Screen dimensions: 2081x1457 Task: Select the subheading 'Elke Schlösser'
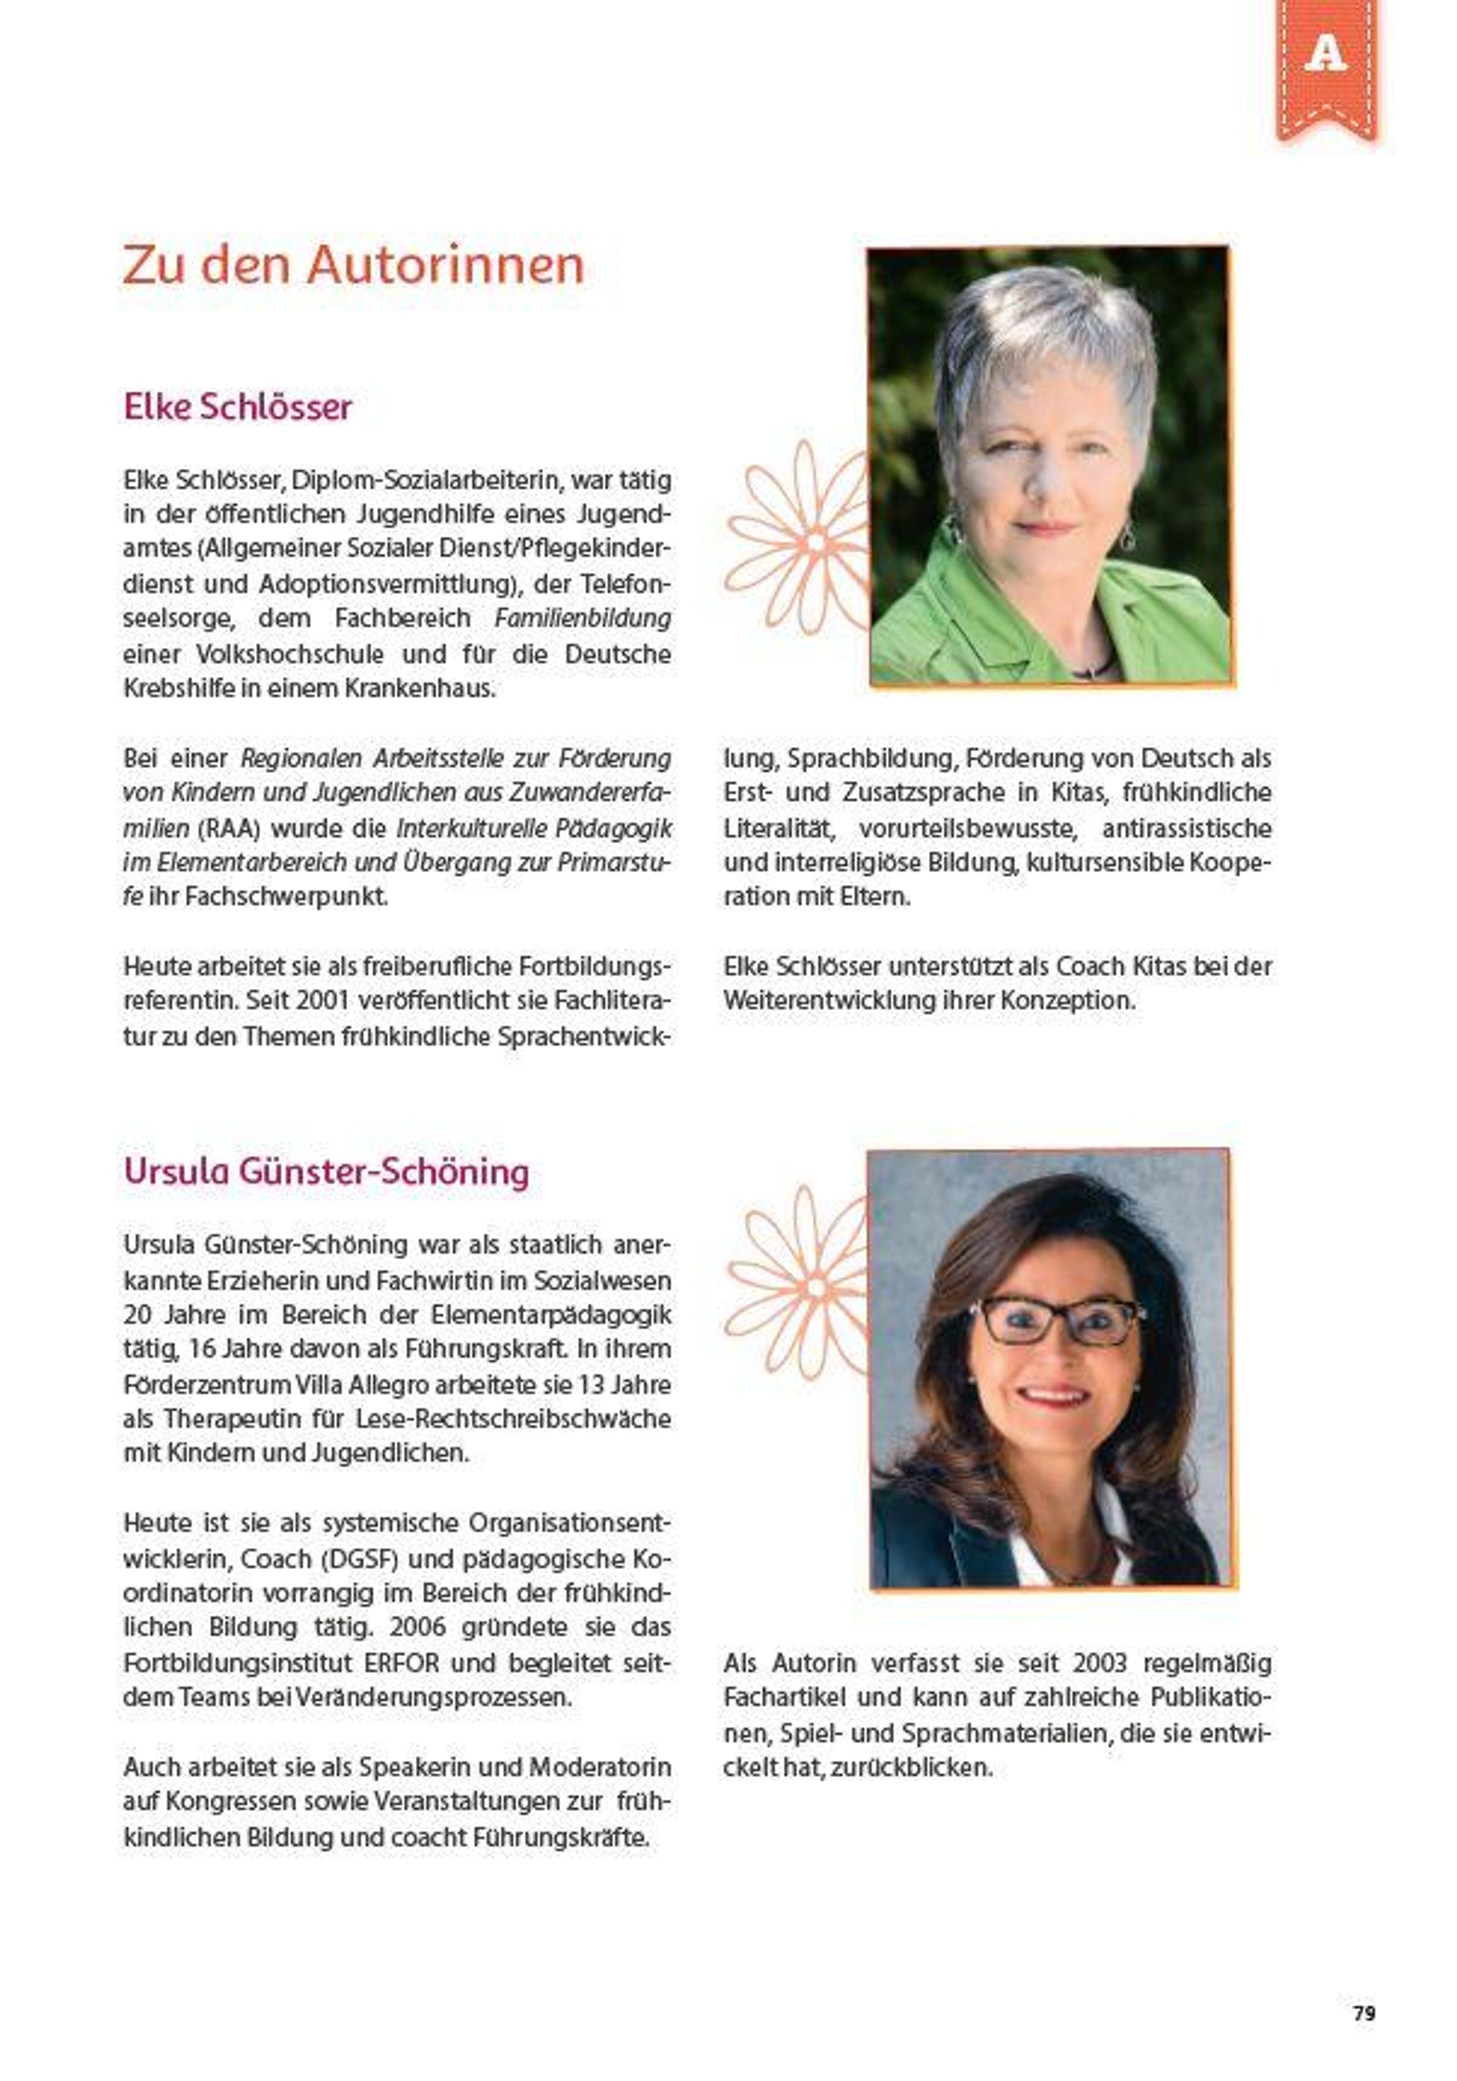click(237, 407)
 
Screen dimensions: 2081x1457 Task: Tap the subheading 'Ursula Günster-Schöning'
click(327, 1171)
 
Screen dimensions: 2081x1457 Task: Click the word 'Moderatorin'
click(599, 1767)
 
